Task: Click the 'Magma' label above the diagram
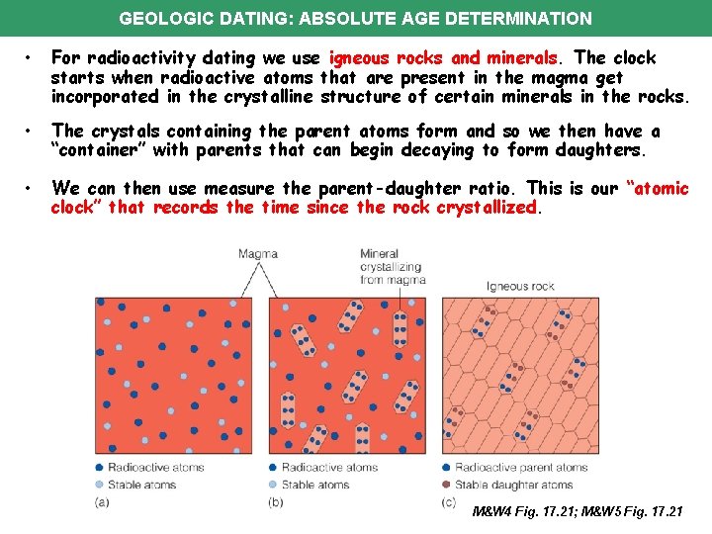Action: pyautogui.click(x=258, y=254)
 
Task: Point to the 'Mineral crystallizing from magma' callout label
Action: pyautogui.click(x=392, y=267)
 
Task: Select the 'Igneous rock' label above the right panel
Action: pyautogui.click(x=520, y=286)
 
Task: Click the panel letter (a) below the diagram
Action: pyautogui.click(x=102, y=503)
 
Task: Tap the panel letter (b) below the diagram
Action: pyautogui.click(x=275, y=503)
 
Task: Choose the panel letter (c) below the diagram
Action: pyautogui.click(x=449, y=503)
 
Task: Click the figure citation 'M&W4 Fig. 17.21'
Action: pyautogui.click(x=524, y=511)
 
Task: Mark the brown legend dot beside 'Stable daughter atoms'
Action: pyautogui.click(x=447, y=485)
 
